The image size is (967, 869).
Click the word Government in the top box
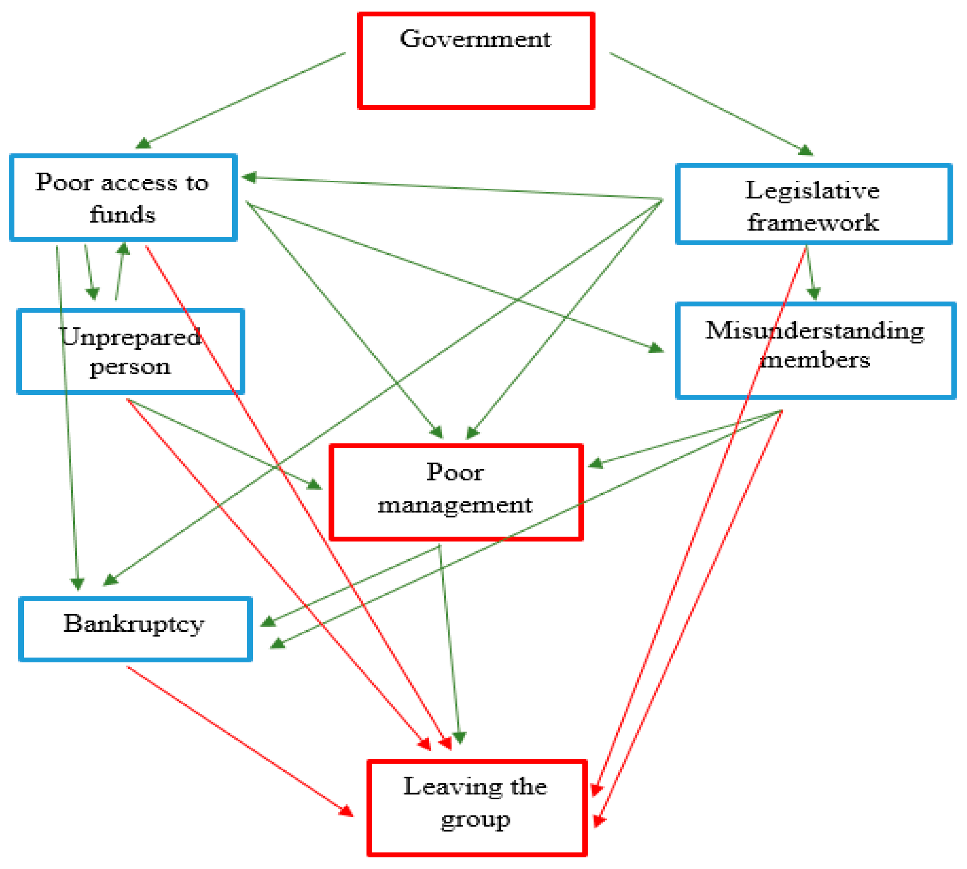pyautogui.click(x=475, y=39)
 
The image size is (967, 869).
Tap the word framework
pyautogui.click(x=813, y=223)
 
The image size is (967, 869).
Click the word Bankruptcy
pyautogui.click(x=134, y=623)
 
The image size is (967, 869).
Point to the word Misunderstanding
pyautogui.click(x=815, y=330)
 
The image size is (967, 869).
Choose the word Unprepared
pyautogui.click(x=130, y=337)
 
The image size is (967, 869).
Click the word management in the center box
pyautogui.click(x=455, y=505)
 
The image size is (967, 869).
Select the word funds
pyautogui.click(x=123, y=214)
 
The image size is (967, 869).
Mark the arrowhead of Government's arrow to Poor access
pyautogui.click(x=143, y=143)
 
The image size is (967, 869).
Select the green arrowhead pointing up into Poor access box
pyautogui.click(x=123, y=248)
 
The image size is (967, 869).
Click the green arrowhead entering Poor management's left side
pyautogui.click(x=314, y=484)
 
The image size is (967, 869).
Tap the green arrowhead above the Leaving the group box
pyautogui.click(x=459, y=738)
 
